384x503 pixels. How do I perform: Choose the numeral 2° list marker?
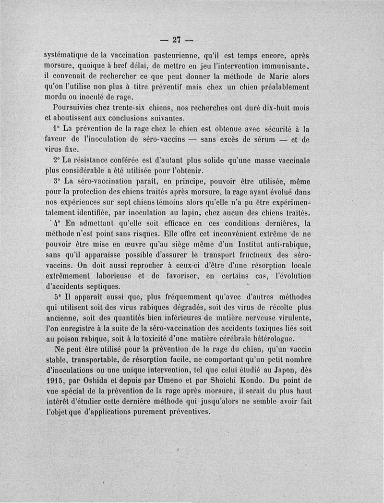coord(54,160)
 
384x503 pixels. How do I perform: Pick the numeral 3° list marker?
coord(54,181)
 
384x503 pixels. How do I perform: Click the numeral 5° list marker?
coord(54,297)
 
